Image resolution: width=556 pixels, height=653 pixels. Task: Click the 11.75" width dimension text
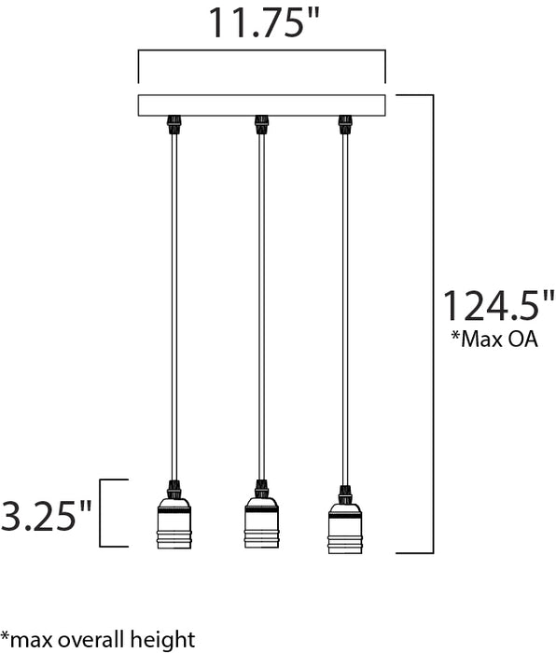tap(257, 22)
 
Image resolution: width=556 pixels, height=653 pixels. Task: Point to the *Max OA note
tap(494, 339)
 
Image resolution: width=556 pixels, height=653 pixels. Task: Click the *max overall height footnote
tap(98, 639)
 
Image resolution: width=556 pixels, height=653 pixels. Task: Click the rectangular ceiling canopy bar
tap(261, 104)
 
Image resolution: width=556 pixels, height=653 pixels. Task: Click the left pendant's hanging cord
tap(174, 308)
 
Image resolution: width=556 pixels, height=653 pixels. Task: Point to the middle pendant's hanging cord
tap(261, 308)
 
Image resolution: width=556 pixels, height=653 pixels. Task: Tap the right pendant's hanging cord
tap(345, 308)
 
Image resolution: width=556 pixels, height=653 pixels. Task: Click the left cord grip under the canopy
tap(174, 124)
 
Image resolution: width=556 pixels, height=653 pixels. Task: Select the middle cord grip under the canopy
tap(261, 124)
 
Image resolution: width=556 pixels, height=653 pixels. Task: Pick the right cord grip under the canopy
tap(345, 124)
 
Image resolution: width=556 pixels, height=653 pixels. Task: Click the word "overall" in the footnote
tap(97, 639)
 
